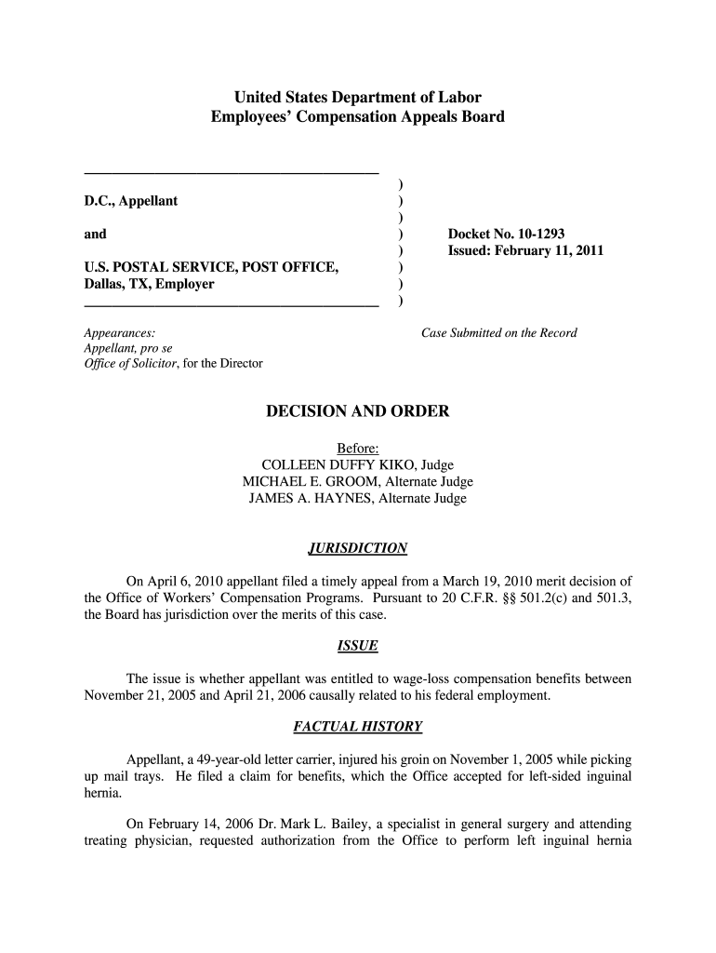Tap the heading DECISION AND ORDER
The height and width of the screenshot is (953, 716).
coord(358,411)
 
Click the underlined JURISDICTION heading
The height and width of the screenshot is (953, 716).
coord(358,548)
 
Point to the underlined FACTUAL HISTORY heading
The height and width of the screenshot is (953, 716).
coord(358,726)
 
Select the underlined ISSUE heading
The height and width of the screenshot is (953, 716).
coord(358,645)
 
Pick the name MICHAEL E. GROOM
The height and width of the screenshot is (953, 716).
coord(310,482)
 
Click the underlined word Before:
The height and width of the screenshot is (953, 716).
coord(358,449)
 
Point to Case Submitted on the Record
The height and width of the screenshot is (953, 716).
coord(499,333)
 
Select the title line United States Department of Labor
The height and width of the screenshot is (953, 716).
coord(358,97)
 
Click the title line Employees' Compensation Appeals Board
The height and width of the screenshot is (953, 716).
coord(358,117)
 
